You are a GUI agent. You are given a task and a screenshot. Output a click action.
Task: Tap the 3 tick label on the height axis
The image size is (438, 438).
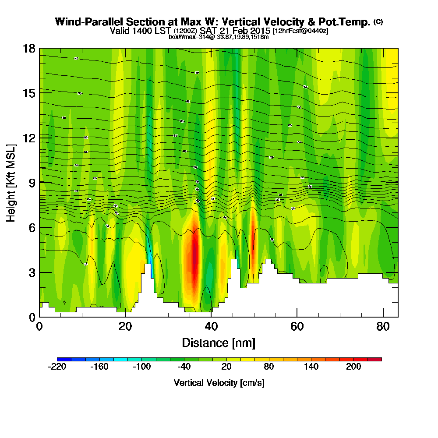coord(32,272)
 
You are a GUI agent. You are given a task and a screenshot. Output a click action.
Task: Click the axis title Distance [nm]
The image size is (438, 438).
coord(219,343)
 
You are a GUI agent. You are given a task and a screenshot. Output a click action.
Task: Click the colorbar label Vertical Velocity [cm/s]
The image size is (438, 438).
coord(219,383)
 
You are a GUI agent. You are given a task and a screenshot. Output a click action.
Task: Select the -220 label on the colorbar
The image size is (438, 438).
coord(57,367)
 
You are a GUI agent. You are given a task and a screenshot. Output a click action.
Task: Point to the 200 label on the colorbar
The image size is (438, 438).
coord(353,367)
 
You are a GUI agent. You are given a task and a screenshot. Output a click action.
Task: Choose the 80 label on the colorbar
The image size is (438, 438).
coord(268,367)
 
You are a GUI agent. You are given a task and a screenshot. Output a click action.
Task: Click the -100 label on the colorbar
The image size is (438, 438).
coord(141,367)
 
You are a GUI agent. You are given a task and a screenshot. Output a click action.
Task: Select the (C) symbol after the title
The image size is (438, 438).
coord(378,22)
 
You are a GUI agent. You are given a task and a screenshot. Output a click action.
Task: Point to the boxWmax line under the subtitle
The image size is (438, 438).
coord(219,37)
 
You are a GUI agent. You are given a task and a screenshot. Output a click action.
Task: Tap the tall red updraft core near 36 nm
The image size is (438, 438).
coord(194,258)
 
